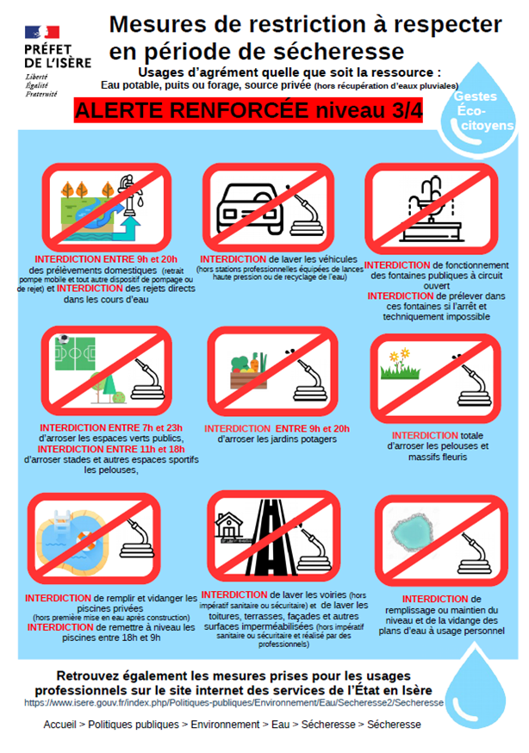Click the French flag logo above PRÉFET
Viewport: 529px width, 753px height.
click(x=42, y=32)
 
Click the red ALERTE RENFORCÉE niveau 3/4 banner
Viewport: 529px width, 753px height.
click(x=248, y=110)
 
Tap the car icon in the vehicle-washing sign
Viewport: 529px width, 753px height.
click(x=250, y=208)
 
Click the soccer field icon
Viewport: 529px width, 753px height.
click(x=75, y=353)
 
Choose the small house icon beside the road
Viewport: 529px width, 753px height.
click(x=229, y=526)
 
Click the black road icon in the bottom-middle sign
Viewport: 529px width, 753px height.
click(x=271, y=537)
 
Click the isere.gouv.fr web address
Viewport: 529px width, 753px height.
click(x=233, y=702)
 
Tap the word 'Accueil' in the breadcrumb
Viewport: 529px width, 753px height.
click(x=60, y=725)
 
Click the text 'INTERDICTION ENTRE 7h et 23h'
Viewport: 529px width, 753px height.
click(x=111, y=427)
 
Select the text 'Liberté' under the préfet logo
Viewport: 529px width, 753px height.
click(x=36, y=77)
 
